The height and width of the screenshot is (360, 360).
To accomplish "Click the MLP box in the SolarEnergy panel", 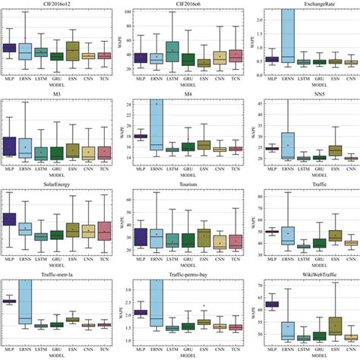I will pos(10,219).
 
